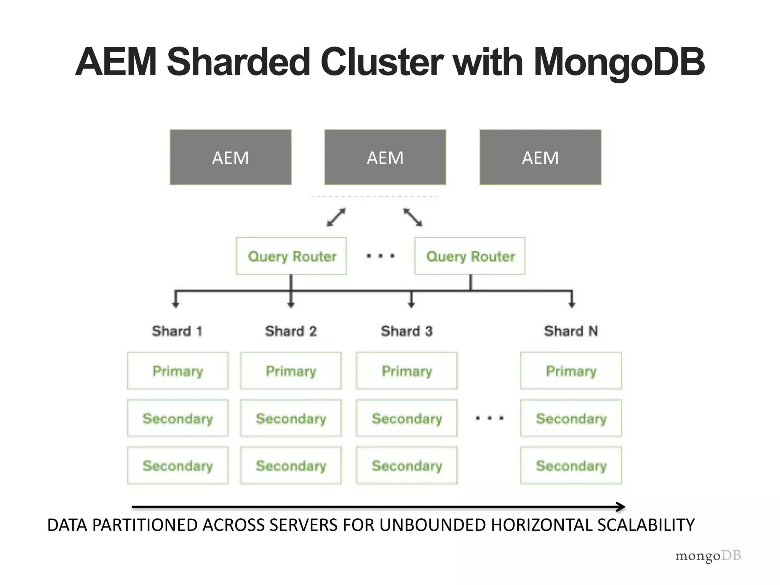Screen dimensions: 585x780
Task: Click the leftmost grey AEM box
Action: point(230,157)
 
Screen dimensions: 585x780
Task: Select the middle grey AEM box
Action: point(385,157)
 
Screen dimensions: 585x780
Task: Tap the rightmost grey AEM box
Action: point(540,157)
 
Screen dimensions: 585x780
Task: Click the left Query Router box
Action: point(291,256)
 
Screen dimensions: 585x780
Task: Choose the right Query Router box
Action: point(470,256)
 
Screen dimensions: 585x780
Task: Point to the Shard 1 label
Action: point(177,331)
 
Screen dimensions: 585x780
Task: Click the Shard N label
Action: point(571,331)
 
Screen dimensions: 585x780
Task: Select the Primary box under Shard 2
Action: point(291,371)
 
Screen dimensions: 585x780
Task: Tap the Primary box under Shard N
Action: point(571,371)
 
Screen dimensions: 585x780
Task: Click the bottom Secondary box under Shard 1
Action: point(178,465)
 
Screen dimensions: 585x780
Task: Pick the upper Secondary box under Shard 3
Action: point(407,418)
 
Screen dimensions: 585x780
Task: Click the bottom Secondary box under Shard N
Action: point(571,465)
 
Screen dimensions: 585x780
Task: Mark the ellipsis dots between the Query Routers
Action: point(380,256)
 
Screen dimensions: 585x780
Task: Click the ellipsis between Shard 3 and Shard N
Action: point(490,418)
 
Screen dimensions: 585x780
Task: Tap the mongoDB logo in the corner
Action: point(708,556)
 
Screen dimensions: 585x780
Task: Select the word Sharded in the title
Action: point(239,62)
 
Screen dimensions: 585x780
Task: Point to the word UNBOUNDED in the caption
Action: point(432,525)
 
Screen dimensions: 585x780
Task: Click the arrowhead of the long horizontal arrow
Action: point(621,507)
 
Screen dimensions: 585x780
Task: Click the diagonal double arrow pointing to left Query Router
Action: point(336,217)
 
